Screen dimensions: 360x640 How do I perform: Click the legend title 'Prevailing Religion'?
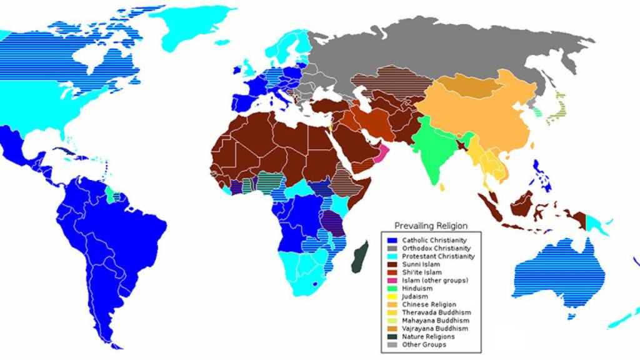coord(431,226)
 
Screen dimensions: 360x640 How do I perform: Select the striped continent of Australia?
coord(550,272)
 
